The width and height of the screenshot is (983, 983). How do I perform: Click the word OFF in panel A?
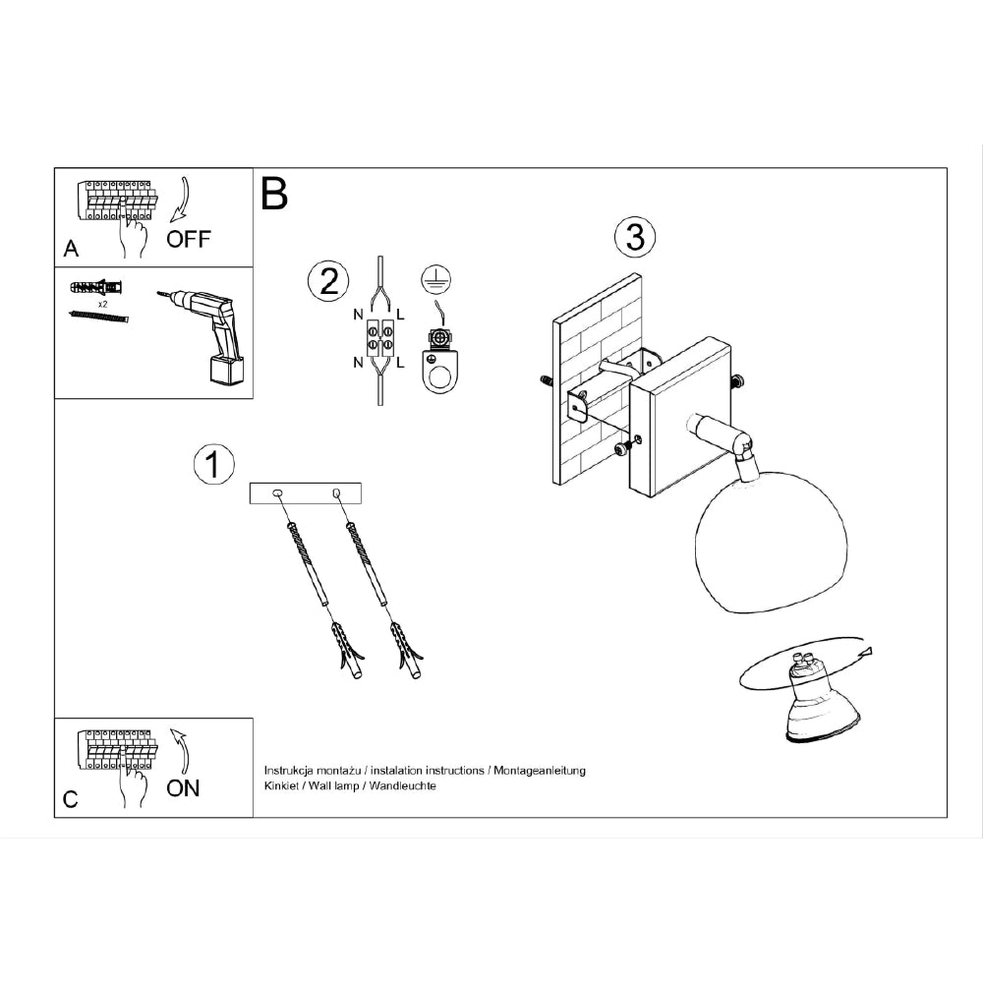(x=189, y=239)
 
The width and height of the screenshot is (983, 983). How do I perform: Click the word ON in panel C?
(x=183, y=788)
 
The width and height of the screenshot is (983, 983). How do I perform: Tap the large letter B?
(x=274, y=194)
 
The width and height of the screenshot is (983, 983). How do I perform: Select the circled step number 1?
(x=213, y=465)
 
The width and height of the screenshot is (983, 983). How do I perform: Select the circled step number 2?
(x=328, y=281)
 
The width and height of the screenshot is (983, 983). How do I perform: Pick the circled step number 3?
(x=635, y=238)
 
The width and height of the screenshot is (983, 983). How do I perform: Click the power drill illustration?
(x=202, y=335)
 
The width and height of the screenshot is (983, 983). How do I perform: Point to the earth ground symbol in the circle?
(x=437, y=278)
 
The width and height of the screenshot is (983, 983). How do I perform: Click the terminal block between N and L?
(x=380, y=336)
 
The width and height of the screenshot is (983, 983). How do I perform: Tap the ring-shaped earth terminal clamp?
(x=440, y=363)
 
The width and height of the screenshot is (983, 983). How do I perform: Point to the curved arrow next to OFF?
(x=183, y=200)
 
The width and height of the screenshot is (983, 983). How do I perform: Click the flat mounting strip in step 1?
(x=306, y=492)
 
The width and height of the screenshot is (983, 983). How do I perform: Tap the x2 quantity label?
(x=103, y=304)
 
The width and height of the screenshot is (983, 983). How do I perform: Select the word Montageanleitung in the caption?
(x=540, y=771)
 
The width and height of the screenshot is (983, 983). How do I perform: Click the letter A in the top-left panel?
(x=71, y=249)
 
